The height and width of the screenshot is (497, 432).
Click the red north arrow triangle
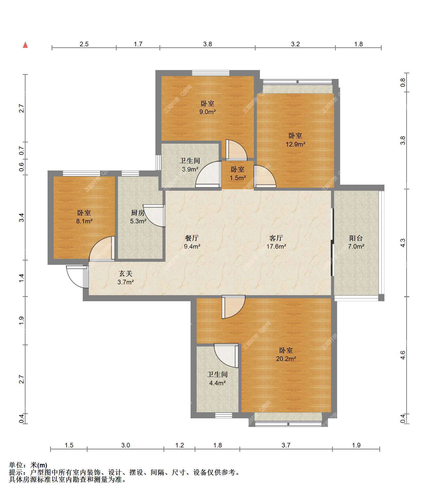coord(25,45)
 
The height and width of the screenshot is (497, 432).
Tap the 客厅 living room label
coord(276,238)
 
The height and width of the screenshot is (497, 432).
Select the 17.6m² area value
coord(276,246)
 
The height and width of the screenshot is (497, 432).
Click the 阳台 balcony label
coord(356,238)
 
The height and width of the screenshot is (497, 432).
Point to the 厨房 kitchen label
coord(138,213)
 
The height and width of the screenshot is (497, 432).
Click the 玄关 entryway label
coord(126,273)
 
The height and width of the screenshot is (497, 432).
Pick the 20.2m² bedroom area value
coord(286,359)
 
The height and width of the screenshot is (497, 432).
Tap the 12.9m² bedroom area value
coord(296,144)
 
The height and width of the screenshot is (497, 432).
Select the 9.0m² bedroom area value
coord(208,112)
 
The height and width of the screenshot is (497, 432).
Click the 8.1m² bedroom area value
coord(84,221)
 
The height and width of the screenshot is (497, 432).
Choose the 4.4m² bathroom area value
coord(217,383)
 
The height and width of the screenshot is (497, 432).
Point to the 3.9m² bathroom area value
coord(190,169)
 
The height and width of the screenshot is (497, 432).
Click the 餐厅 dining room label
coord(192,238)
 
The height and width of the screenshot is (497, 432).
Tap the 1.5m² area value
coord(238,178)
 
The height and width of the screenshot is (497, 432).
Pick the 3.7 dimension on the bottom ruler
coord(286,445)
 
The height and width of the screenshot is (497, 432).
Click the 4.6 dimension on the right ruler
coord(403,355)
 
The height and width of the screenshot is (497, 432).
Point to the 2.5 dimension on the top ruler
coord(84,44)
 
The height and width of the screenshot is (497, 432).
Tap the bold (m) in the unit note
coord(42,465)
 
